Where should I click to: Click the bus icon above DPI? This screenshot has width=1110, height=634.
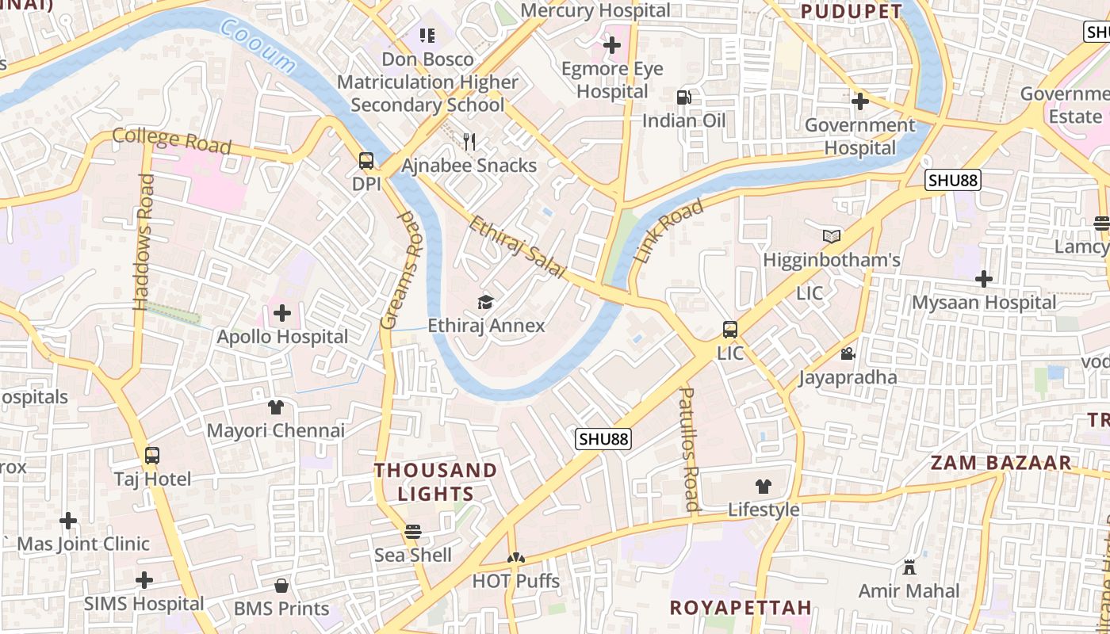366,161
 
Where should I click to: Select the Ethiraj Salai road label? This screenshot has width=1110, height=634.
516,246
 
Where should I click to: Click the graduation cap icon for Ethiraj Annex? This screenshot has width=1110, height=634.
485,302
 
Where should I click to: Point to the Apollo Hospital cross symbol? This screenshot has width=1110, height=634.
281,313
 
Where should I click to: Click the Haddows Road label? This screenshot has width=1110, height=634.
144,242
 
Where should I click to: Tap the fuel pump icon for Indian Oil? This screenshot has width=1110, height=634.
683,97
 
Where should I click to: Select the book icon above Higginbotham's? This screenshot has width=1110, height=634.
831,236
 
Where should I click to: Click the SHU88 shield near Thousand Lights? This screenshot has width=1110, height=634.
603,439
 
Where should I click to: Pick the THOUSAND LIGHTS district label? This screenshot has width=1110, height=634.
435,482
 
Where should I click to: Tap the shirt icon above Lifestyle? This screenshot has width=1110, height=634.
763,486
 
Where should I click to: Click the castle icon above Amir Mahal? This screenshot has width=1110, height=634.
909,567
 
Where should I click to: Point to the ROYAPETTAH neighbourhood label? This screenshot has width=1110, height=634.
741,608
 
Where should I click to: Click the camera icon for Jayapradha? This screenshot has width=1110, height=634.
847,353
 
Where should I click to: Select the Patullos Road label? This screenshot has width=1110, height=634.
689,449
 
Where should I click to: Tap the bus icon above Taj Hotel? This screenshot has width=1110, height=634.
152,456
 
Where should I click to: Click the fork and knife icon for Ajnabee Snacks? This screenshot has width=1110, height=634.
469,142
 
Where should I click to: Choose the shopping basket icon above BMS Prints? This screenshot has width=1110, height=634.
281,586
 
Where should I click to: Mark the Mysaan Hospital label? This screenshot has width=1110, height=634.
984,303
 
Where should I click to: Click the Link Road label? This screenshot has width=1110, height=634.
669,231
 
